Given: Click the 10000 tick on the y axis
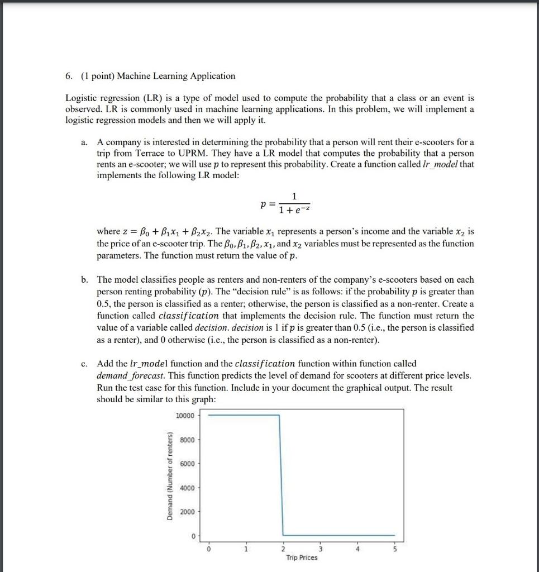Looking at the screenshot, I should [x=184, y=416].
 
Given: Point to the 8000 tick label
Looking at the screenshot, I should [x=186, y=440].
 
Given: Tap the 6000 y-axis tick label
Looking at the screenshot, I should [x=186, y=464].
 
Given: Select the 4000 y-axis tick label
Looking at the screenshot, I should [x=186, y=488].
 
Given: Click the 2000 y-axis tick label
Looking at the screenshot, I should [x=186, y=512].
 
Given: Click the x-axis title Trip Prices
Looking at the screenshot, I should [x=301, y=557].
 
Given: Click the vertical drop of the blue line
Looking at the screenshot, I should [x=281, y=475].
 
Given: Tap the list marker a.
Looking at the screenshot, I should [x=84, y=142].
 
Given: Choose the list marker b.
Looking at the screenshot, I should [x=84, y=279].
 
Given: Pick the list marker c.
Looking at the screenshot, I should [x=84, y=364].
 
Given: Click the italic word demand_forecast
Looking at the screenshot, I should [x=123, y=375].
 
